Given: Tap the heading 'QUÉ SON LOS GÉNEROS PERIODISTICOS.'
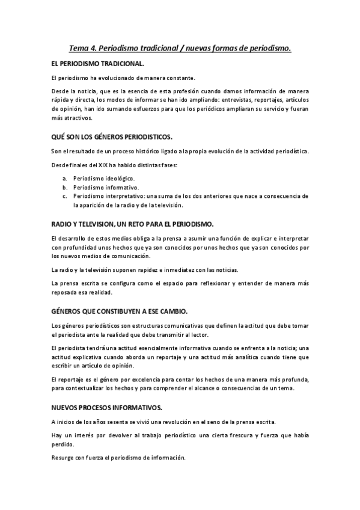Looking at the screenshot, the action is pyautogui.click(x=112, y=137).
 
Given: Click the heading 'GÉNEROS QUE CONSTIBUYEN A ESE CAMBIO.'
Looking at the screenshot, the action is pyautogui.click(x=120, y=312).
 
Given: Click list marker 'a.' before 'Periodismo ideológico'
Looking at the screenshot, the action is pyautogui.click(x=65, y=179).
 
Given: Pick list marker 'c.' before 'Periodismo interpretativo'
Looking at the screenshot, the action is pyautogui.click(x=65, y=196).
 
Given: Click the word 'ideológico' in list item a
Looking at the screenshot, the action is pyautogui.click(x=121, y=179).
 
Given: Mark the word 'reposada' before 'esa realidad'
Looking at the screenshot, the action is pyautogui.click(x=65, y=293).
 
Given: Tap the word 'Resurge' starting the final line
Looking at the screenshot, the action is pyautogui.click(x=63, y=458).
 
